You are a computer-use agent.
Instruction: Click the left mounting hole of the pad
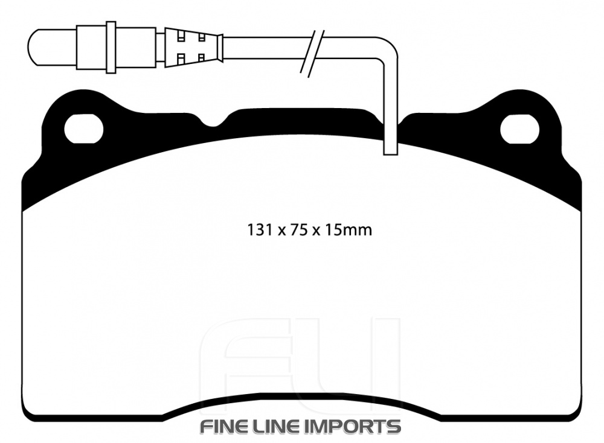[84, 129]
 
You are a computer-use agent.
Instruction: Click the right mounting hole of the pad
[519, 129]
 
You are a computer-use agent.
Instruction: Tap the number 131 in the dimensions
[260, 230]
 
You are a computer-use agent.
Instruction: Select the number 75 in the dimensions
[298, 230]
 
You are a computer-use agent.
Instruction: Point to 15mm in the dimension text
[349, 230]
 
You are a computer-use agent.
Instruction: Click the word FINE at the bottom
[222, 427]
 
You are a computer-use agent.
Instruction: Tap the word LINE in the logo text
[271, 427]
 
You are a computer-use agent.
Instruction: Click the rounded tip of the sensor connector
[34, 47]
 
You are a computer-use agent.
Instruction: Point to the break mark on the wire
[313, 54]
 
